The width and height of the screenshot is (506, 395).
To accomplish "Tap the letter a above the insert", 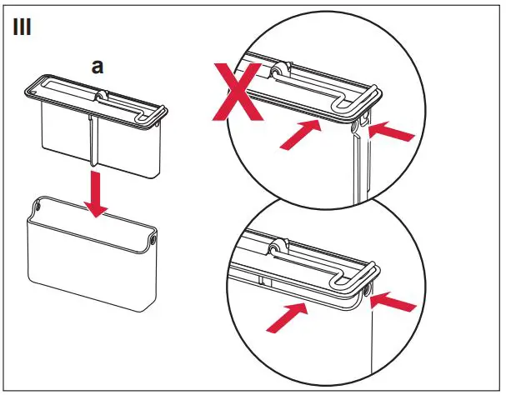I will (98, 67).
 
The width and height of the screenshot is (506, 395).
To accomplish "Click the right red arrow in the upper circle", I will (391, 132).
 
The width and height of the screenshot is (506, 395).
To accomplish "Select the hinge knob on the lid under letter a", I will (100, 97).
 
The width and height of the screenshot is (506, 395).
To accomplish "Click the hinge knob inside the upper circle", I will (274, 74).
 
